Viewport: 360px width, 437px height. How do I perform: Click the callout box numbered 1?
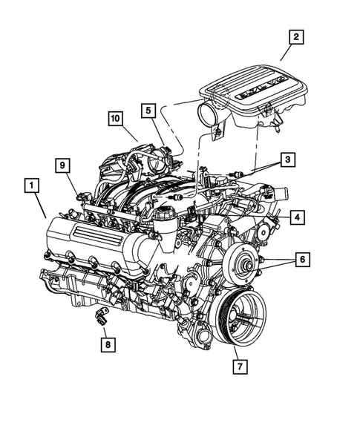[32, 185]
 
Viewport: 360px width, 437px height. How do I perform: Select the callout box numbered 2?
[296, 36]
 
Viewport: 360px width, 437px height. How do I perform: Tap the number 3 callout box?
[287, 159]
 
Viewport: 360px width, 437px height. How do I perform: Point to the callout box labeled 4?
[295, 217]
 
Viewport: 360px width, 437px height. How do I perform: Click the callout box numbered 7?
[240, 366]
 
